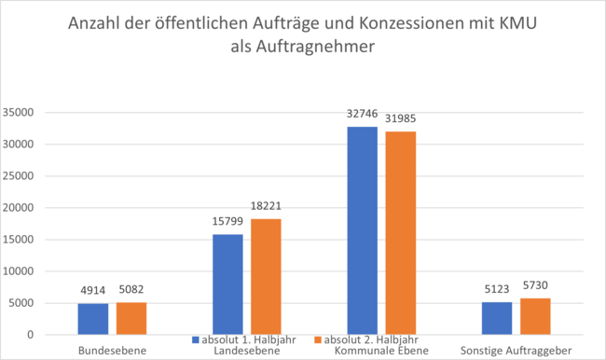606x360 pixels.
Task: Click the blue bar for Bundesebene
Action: point(93,319)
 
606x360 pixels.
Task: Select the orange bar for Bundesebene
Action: point(131,318)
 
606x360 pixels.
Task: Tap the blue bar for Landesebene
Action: point(227,284)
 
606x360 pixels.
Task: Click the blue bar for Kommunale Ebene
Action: point(363,230)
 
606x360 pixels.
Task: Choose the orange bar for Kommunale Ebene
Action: point(400,233)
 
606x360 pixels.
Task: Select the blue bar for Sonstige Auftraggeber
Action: point(497,318)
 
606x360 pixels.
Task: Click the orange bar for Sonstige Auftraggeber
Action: point(535,316)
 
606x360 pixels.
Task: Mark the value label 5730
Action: point(535,289)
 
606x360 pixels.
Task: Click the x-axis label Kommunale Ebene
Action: point(380,351)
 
